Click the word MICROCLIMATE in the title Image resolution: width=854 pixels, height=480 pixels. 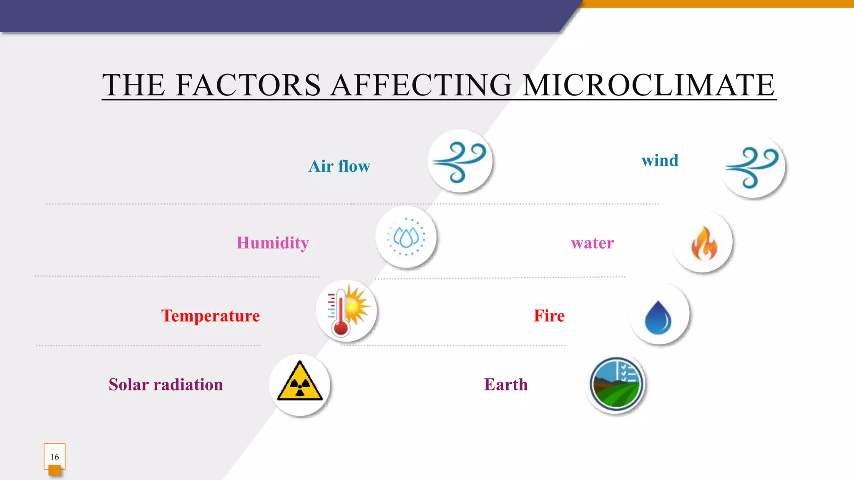(x=648, y=85)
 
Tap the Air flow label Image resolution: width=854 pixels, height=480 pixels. (x=339, y=166)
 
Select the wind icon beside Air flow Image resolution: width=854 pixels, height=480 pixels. (x=460, y=162)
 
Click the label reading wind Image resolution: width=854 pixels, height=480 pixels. (x=660, y=160)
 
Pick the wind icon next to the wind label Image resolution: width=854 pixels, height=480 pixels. (x=752, y=167)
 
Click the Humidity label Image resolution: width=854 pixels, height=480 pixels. (x=273, y=243)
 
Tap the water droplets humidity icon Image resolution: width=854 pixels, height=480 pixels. (x=406, y=237)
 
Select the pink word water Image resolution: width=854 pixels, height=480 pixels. (x=592, y=243)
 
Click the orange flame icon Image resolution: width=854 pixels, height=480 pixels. (x=703, y=243)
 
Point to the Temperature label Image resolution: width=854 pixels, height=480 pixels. (x=211, y=316)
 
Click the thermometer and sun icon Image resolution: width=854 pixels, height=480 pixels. (x=347, y=311)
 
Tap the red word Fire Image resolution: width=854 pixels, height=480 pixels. (x=549, y=316)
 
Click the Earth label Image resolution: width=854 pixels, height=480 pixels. (x=506, y=385)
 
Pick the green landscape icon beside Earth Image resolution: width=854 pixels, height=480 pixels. (x=616, y=384)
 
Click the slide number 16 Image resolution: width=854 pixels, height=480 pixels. (x=55, y=457)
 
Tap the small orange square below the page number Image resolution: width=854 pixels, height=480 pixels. (x=55, y=470)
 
